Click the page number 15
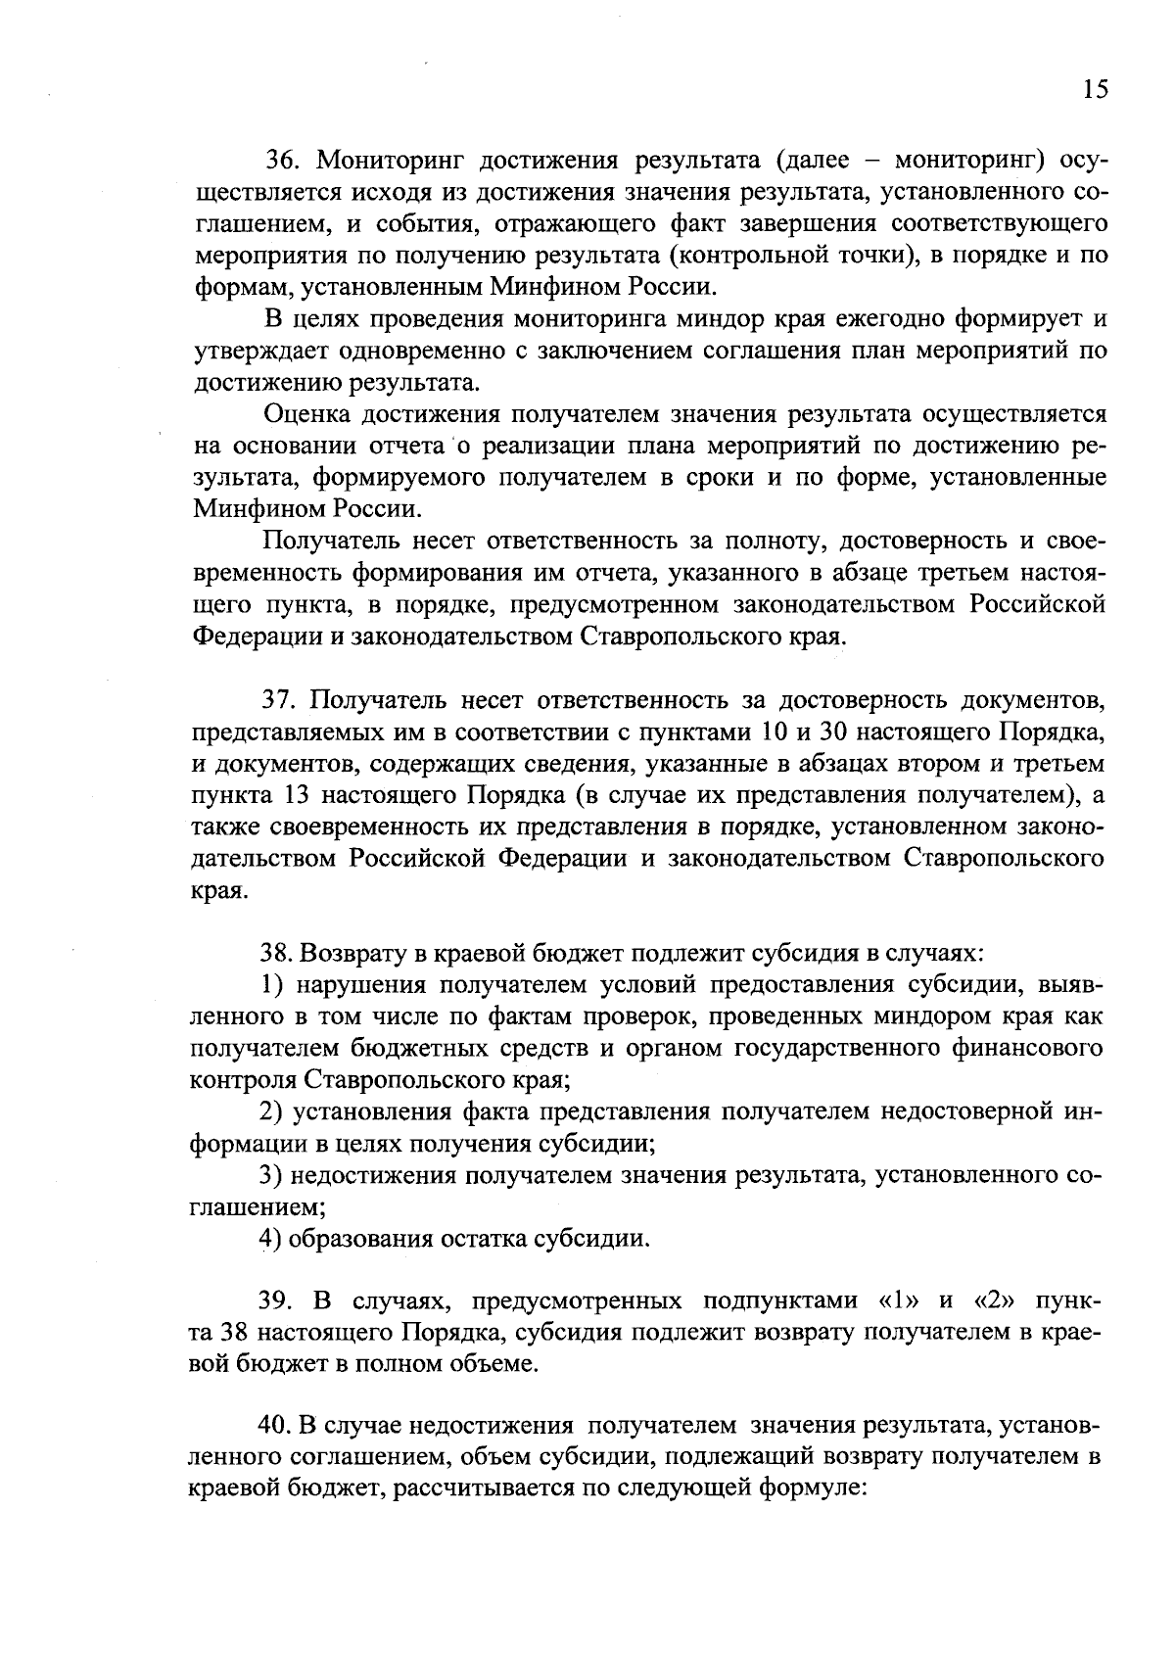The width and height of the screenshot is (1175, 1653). pos(1096,90)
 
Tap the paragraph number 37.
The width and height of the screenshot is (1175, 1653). pos(278,700)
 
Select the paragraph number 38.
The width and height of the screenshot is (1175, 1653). pos(276,953)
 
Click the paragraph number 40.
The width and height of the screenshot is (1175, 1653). pos(276,1426)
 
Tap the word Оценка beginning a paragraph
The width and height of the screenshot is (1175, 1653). pos(307,415)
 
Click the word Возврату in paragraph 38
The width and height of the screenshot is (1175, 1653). pos(346,953)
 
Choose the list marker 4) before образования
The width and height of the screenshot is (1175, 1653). pos(271,1239)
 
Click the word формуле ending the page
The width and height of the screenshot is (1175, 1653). pos(814,1489)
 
